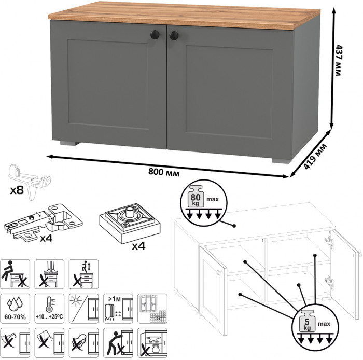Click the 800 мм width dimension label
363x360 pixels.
(x=164, y=172)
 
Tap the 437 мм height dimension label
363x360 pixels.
(x=338, y=60)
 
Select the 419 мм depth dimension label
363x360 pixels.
(x=315, y=156)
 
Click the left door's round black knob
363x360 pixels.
(x=155, y=35)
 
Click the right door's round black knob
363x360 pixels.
(x=174, y=36)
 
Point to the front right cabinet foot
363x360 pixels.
(x=281, y=161)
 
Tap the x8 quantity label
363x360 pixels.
(x=17, y=190)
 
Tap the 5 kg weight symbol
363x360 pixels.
(x=307, y=321)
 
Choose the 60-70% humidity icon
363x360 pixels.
(x=15, y=308)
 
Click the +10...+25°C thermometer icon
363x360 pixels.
(x=49, y=308)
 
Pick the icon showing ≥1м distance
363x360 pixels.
(x=118, y=308)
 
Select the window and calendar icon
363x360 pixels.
(x=152, y=308)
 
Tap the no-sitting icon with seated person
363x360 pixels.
(x=15, y=274)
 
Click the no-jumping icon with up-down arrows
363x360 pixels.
(x=84, y=274)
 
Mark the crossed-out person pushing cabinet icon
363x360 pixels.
(x=118, y=343)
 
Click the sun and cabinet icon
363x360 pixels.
(x=84, y=308)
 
